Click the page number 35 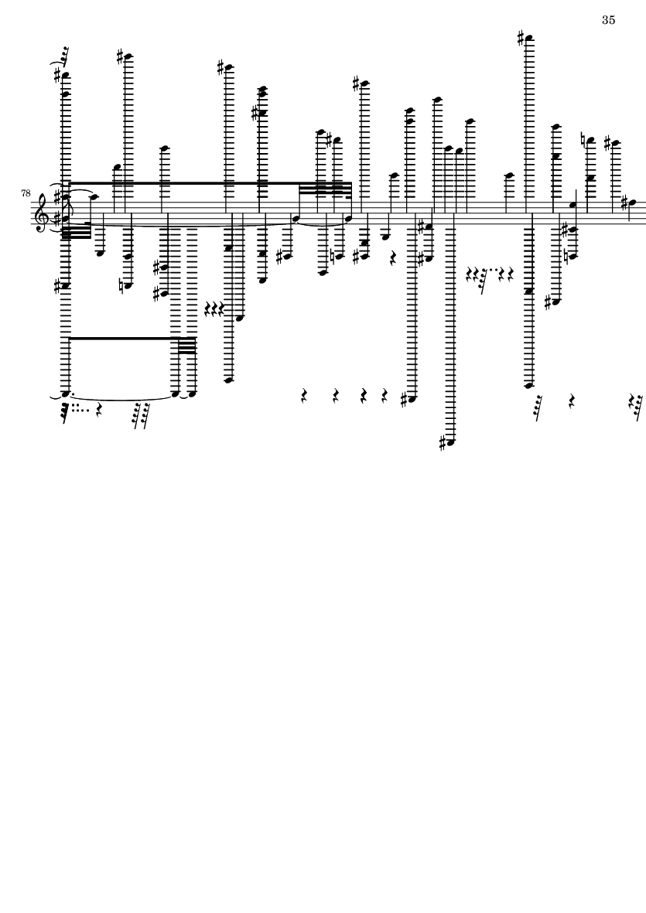tap(608, 20)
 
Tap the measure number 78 tap(26, 193)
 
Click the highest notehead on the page tap(529, 39)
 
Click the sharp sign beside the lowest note tap(442, 444)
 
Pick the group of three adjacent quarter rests tap(214, 309)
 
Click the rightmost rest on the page tap(635, 400)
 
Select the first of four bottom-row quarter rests tap(303, 396)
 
